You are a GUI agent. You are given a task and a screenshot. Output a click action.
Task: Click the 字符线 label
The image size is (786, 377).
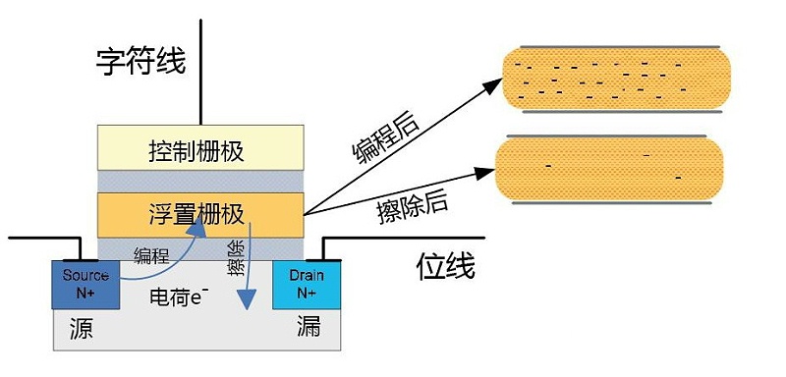coord(140,62)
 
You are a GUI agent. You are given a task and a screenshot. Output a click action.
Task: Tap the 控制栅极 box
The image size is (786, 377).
coord(200,147)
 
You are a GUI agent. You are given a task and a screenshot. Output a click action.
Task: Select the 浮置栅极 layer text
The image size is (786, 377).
coord(196,215)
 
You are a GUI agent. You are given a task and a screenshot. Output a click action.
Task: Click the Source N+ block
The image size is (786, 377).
coord(85,285)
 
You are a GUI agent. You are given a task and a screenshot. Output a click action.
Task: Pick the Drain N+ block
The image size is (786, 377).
coord(307,285)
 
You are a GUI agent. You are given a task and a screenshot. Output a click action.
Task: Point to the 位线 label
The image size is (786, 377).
coord(445,267)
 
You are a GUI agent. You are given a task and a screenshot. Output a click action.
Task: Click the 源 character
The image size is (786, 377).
coord(82,329)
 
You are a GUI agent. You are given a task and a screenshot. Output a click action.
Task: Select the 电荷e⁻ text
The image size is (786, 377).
coord(179,296)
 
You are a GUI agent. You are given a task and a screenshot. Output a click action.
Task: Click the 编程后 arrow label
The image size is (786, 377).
coord(385,135)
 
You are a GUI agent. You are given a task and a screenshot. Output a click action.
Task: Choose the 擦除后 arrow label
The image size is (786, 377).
coord(412,205)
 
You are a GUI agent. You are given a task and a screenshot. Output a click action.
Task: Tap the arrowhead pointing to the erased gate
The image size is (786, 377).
coord(485,173)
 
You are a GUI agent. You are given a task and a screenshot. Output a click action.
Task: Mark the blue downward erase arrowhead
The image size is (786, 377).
coord(247,299)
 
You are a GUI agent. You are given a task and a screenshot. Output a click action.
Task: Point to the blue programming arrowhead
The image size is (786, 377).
coord(197,228)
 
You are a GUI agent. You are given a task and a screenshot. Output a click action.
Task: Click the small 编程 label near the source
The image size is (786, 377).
coord(151,256)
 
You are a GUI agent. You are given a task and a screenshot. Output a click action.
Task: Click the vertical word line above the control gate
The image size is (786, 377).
coord(200,72)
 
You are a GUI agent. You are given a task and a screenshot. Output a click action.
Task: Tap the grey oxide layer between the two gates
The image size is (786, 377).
coord(200,182)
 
